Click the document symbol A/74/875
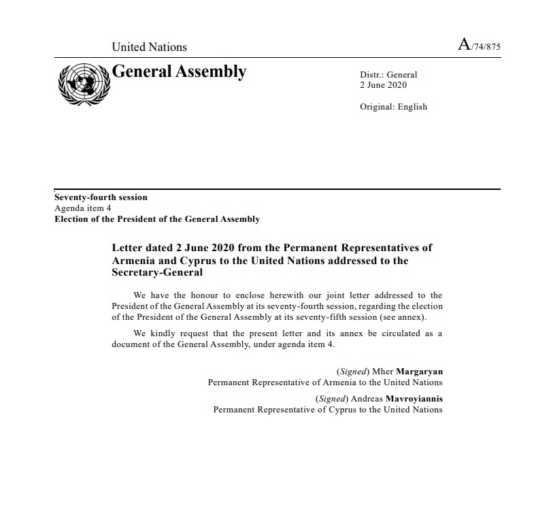(x=479, y=46)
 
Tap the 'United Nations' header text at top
(x=149, y=47)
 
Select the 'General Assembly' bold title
(x=179, y=71)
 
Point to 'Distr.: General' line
(x=388, y=75)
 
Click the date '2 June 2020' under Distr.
(x=383, y=85)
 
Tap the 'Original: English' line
(x=393, y=106)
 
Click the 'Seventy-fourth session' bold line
(x=101, y=197)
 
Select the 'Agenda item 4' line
(x=82, y=208)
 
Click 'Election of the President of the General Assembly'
(x=157, y=219)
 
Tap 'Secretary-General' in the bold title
(x=157, y=272)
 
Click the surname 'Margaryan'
(x=420, y=372)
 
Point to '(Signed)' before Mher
(x=353, y=372)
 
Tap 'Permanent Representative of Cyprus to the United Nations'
(x=328, y=410)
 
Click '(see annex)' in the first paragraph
(x=411, y=317)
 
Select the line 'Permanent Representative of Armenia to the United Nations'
(x=325, y=382)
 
